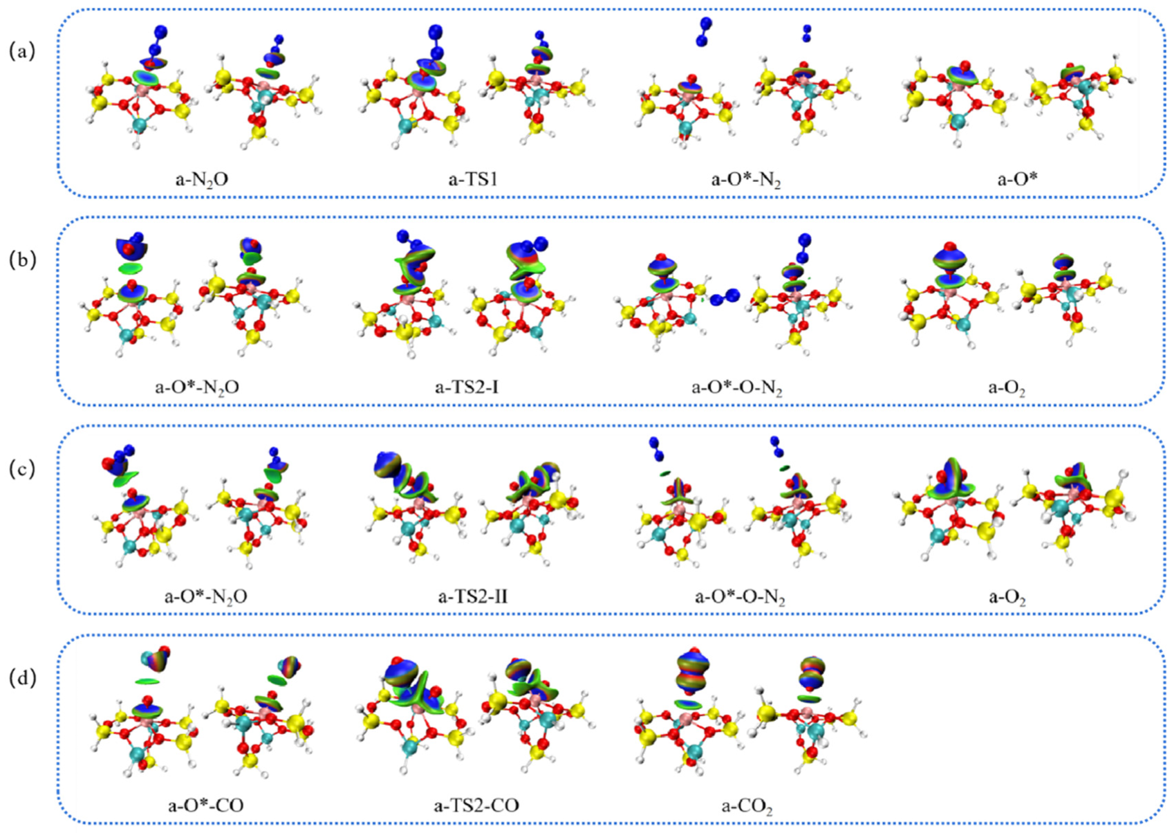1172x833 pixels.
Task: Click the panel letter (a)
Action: click(21, 51)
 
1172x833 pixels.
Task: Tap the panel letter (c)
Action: click(21, 468)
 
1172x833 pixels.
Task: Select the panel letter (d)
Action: click(21, 677)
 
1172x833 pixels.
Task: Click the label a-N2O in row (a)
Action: click(201, 179)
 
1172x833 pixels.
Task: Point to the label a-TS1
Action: click(473, 179)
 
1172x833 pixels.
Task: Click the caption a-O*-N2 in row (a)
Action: click(745, 180)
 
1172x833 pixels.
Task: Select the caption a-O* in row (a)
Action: click(1016, 179)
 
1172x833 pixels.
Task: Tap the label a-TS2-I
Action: click(467, 387)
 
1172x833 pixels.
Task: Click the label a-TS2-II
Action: click(472, 596)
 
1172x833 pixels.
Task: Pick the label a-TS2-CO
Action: click(476, 805)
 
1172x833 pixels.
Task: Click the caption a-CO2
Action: click(747, 806)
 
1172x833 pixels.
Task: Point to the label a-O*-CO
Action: click(205, 805)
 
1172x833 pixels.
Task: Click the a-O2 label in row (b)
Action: click(1006, 387)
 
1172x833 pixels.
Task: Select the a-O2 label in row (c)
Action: click(1006, 596)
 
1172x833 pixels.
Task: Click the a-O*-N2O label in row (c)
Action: click(205, 596)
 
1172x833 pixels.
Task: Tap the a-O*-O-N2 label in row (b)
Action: click(736, 387)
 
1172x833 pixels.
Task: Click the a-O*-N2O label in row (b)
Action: click(197, 387)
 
